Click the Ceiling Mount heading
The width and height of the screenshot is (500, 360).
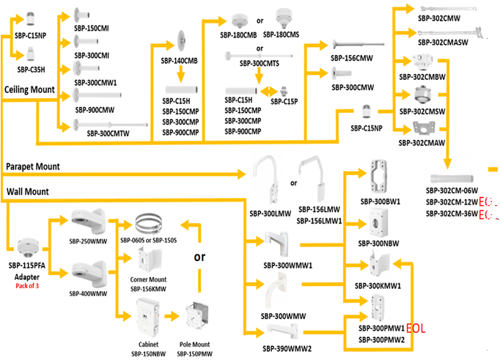(30, 89)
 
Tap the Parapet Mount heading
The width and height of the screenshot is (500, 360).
(33, 166)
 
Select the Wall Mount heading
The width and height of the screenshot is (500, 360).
(27, 191)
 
